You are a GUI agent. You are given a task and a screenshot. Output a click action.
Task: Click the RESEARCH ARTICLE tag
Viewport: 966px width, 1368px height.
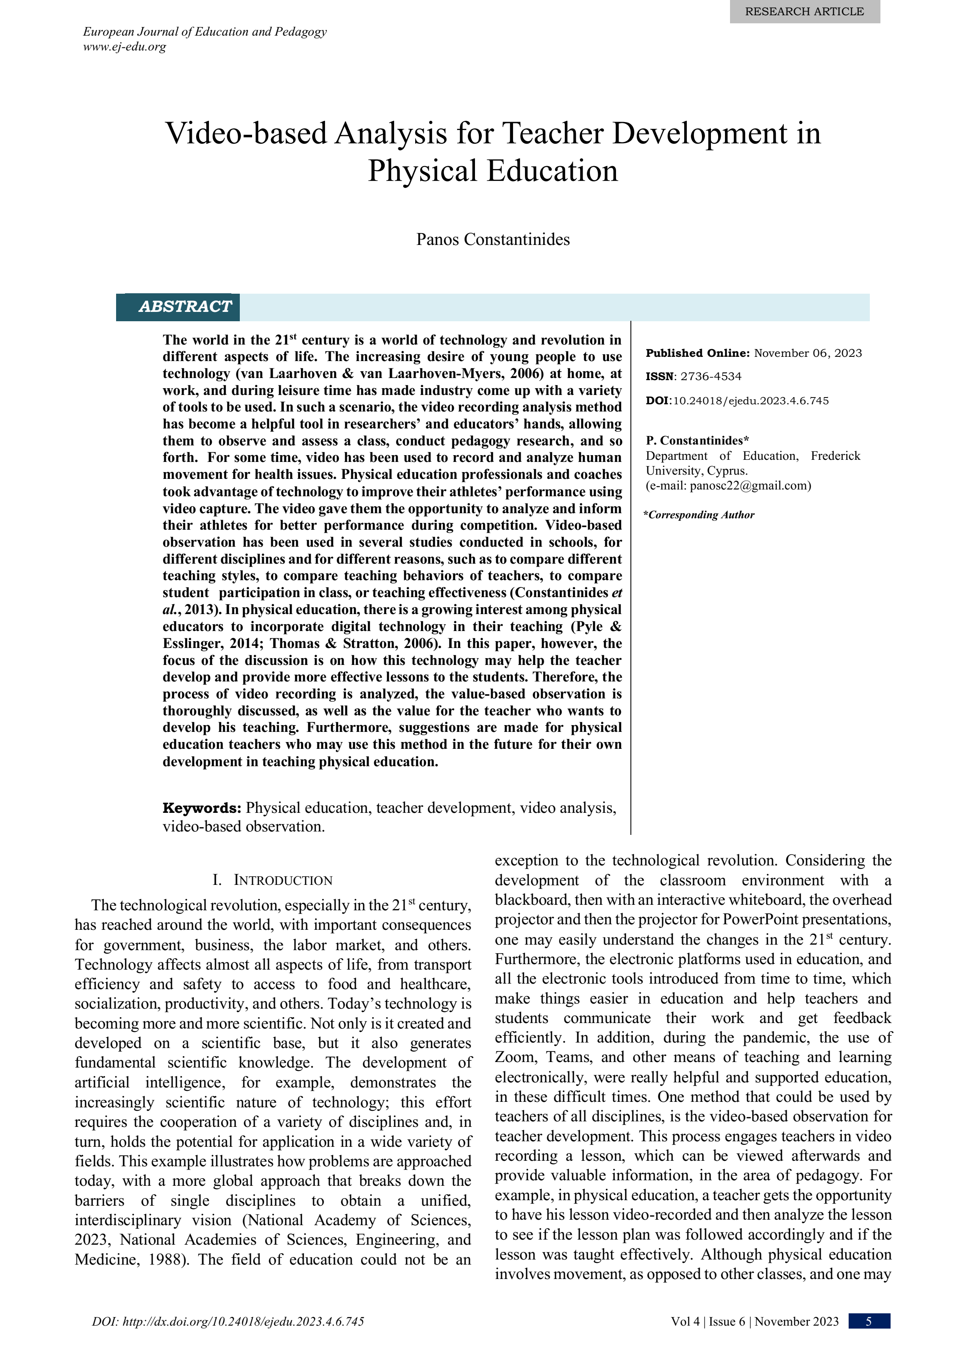click(804, 12)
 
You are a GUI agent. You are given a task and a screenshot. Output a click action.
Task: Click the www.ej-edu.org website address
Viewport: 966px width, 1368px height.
click(125, 47)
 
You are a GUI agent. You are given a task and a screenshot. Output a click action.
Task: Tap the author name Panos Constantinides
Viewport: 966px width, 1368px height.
click(492, 239)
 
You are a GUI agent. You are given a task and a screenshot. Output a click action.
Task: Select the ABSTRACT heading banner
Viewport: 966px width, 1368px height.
click(185, 307)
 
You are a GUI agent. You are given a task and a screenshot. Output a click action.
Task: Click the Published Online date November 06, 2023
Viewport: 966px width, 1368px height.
click(808, 353)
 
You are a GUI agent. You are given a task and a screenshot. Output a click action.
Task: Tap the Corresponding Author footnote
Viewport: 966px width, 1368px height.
click(700, 515)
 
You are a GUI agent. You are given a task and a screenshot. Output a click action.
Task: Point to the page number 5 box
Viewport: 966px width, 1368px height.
click(869, 1321)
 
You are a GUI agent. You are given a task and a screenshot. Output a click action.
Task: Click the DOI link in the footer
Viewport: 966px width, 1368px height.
click(228, 1321)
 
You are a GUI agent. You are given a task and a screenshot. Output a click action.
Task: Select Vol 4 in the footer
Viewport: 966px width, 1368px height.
click(685, 1321)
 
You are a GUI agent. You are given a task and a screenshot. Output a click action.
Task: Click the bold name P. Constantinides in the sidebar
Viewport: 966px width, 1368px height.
click(694, 441)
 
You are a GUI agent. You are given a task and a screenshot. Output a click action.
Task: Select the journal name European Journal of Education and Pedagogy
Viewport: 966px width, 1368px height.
click(205, 32)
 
